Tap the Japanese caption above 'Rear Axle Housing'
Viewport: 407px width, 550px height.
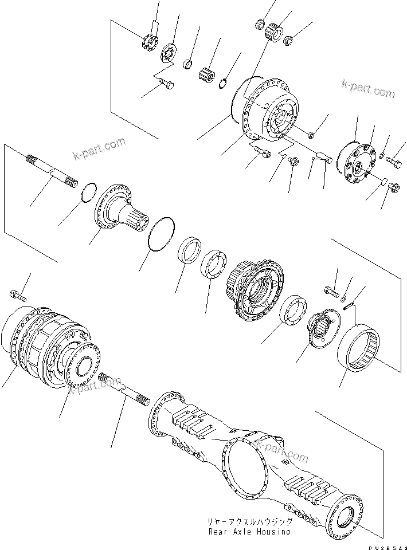coord(251,522)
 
